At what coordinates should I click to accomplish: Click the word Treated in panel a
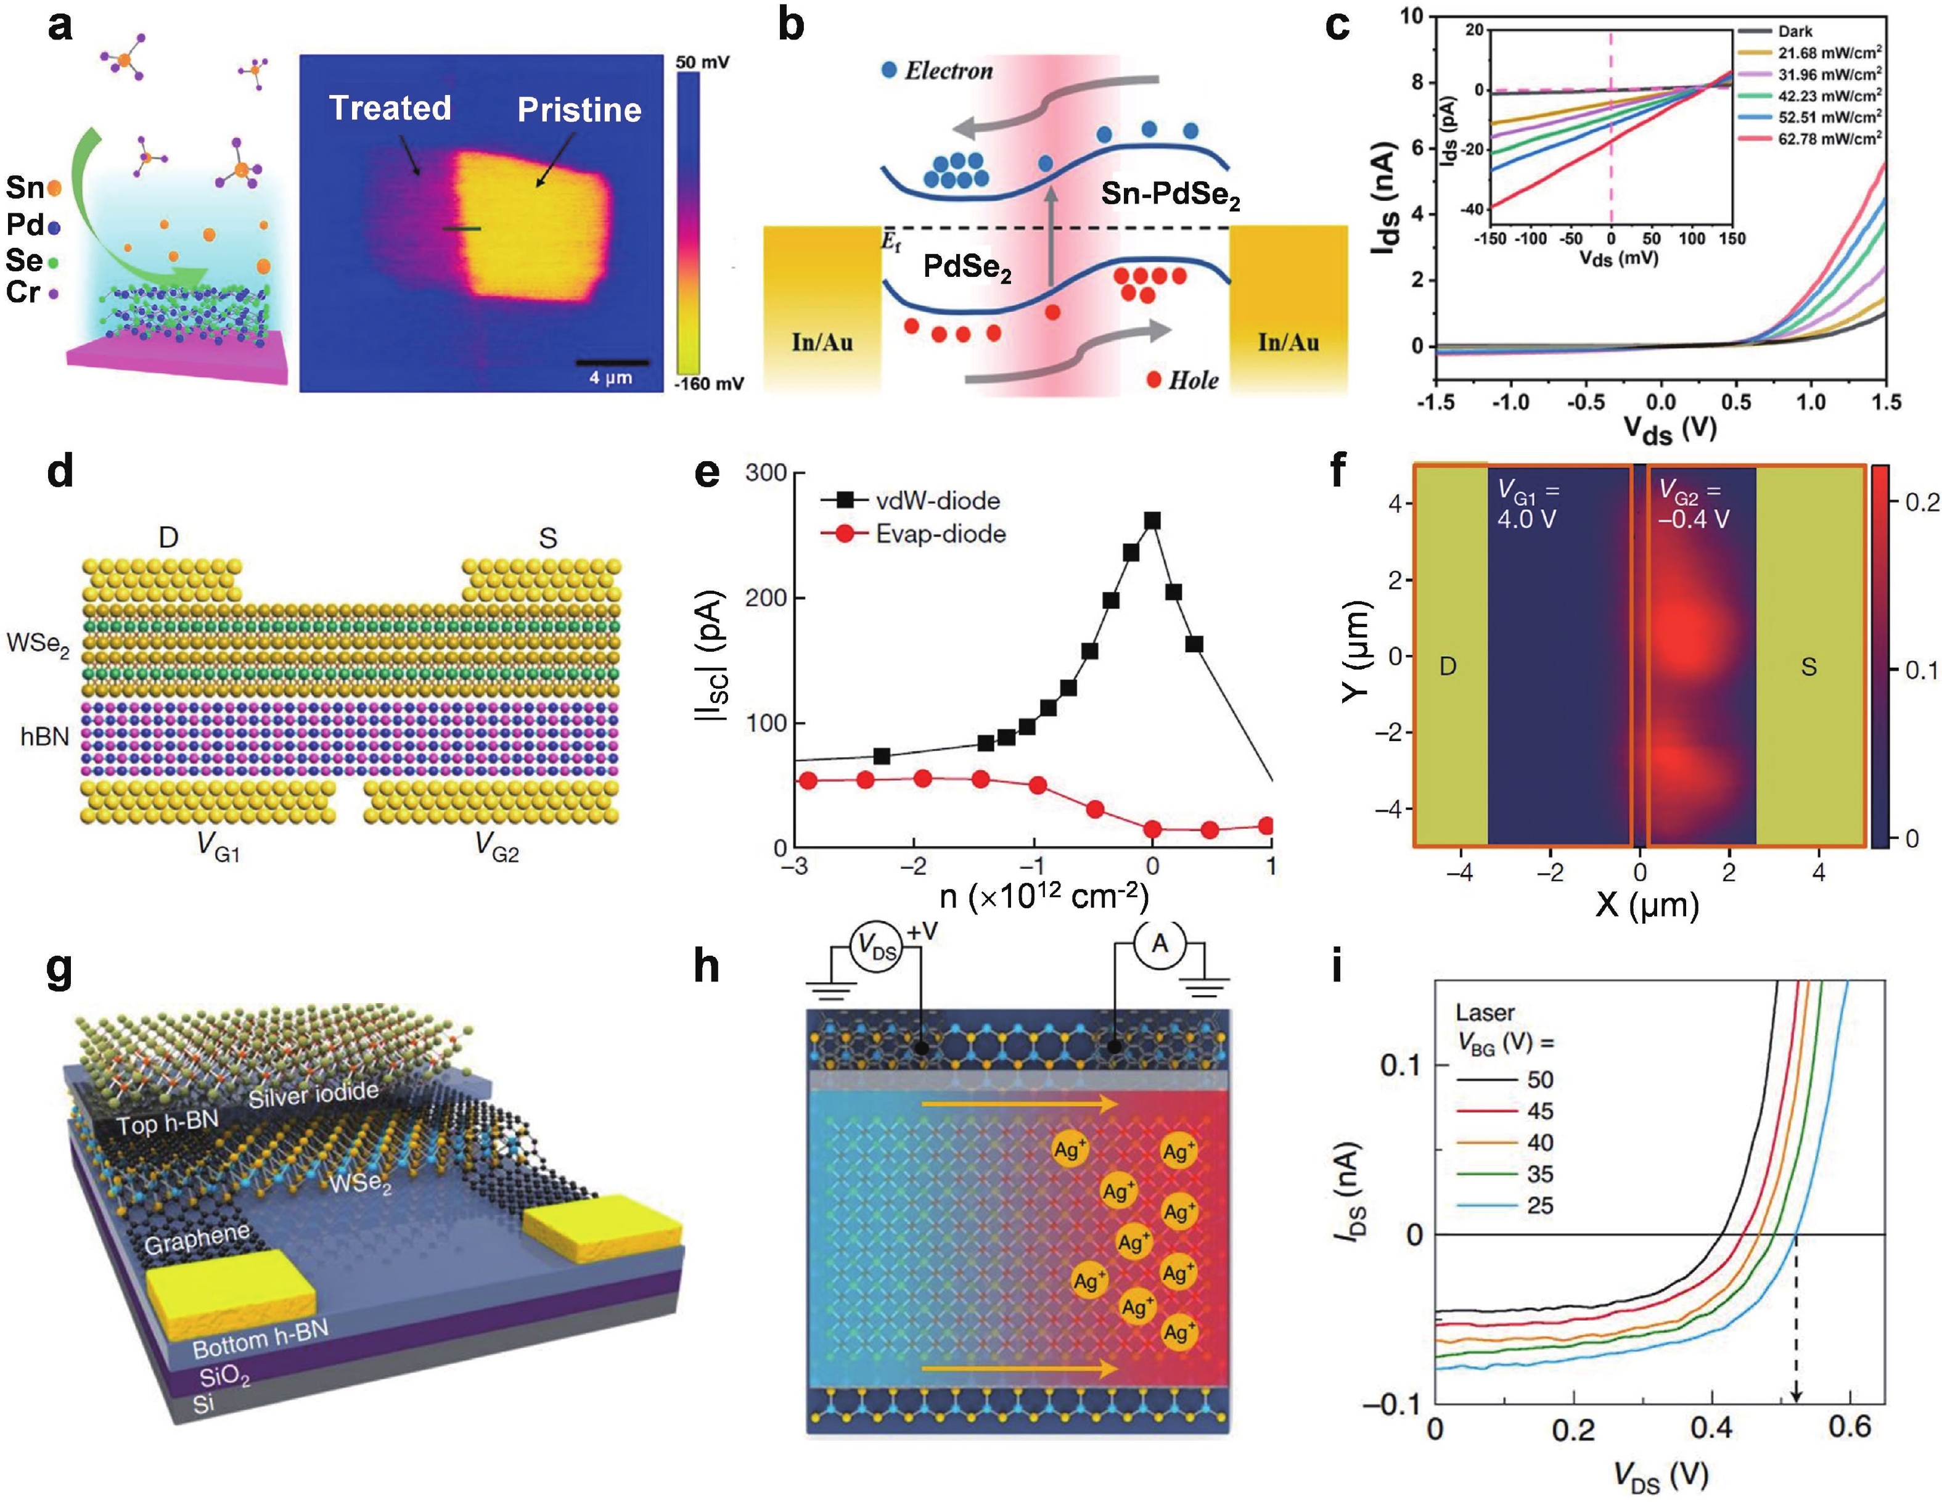coord(390,108)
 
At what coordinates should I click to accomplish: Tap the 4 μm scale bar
coord(611,363)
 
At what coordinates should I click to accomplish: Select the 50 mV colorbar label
coord(702,62)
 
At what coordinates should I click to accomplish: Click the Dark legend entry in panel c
coord(1795,31)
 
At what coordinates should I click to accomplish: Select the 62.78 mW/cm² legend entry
coord(1829,139)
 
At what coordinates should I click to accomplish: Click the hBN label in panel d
coord(44,736)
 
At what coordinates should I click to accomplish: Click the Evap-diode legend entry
coord(940,533)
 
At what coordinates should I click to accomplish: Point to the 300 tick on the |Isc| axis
coord(766,473)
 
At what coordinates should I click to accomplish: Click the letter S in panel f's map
coord(1809,667)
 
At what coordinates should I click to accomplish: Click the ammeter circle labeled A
coord(1160,943)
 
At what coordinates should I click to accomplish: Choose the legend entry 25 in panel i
coord(1540,1206)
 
